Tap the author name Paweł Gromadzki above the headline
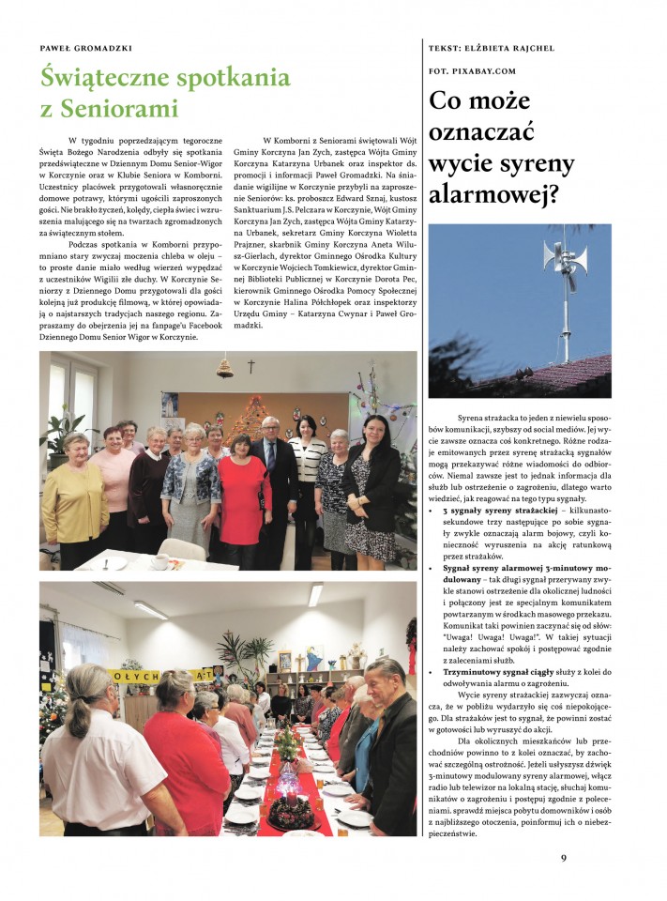click(85, 48)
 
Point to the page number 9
click(564, 857)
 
